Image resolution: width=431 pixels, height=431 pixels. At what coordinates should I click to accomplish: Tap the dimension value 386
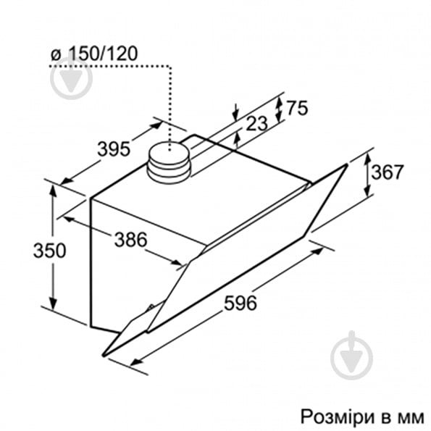click(x=130, y=238)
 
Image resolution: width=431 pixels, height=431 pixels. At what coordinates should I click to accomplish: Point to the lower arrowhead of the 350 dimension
click(x=52, y=305)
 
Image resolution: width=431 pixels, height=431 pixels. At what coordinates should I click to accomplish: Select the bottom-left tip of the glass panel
click(x=104, y=354)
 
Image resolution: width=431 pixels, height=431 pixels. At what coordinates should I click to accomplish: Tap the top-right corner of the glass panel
click(x=347, y=164)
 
